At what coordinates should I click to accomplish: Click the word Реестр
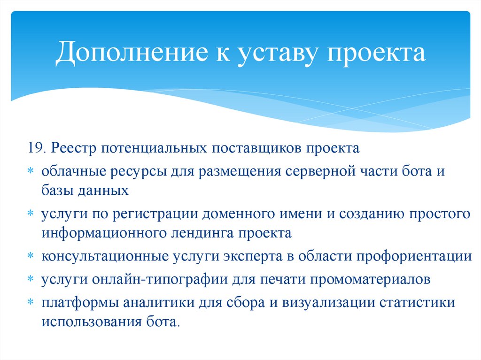pyautogui.click(x=74, y=149)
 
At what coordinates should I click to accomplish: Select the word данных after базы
pyautogui.click(x=105, y=190)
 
